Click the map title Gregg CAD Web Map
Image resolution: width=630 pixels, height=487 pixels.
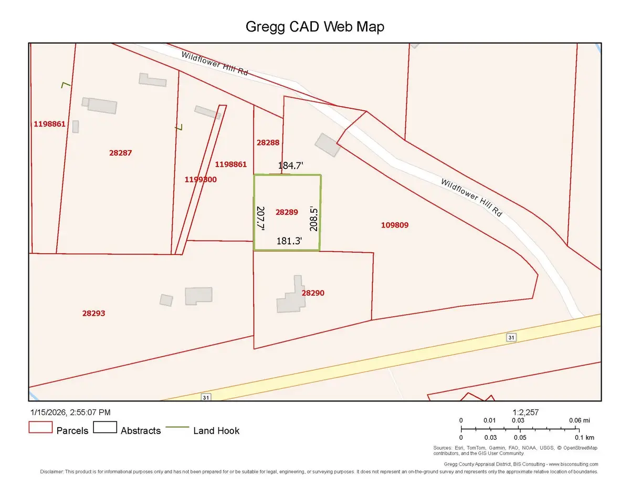[x=315, y=27]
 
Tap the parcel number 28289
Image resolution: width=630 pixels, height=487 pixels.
[x=287, y=212]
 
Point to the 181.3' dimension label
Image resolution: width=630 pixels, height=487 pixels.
[x=289, y=241]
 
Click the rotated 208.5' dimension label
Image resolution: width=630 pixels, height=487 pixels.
[x=314, y=217]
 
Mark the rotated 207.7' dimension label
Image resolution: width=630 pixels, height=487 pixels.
[x=260, y=218]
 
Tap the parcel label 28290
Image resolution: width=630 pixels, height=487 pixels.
[x=313, y=293]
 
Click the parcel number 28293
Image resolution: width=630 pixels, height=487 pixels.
[x=94, y=313]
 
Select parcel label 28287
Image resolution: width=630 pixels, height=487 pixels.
[x=120, y=153]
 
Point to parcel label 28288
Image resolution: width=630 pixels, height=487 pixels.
[x=268, y=142]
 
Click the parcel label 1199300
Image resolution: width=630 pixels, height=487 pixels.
[x=201, y=180]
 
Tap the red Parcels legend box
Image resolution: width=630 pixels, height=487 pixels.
[x=40, y=427]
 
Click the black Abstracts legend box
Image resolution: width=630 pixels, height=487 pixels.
[x=104, y=427]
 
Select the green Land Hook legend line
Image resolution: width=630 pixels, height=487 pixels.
[x=177, y=427]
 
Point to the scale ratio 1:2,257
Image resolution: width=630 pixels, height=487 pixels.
[x=526, y=413]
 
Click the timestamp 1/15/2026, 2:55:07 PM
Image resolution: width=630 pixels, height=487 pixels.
[x=69, y=413]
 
